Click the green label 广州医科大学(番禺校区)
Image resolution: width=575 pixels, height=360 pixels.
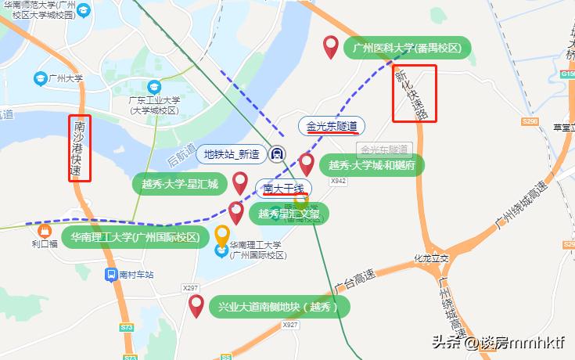tap(408, 49)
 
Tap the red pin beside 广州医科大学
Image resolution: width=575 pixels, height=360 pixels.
tap(332, 47)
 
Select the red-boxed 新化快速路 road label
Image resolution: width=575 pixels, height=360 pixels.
tap(413, 93)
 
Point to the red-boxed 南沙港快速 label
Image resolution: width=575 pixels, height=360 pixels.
tap(79, 148)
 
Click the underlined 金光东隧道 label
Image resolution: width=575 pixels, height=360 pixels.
tap(331, 125)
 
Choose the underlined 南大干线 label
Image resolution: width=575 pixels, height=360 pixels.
tap(282, 188)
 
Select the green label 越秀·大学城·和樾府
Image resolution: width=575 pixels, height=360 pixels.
tap(372, 166)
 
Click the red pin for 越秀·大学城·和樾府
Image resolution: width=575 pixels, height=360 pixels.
tap(307, 164)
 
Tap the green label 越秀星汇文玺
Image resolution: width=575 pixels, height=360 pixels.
tap(289, 214)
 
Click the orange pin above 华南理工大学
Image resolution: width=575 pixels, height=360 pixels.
tap(223, 235)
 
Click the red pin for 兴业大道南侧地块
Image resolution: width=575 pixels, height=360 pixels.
tap(196, 305)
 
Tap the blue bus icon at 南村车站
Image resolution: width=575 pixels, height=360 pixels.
tap(112, 275)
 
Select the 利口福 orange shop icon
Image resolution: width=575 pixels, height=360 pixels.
tap(44, 232)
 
